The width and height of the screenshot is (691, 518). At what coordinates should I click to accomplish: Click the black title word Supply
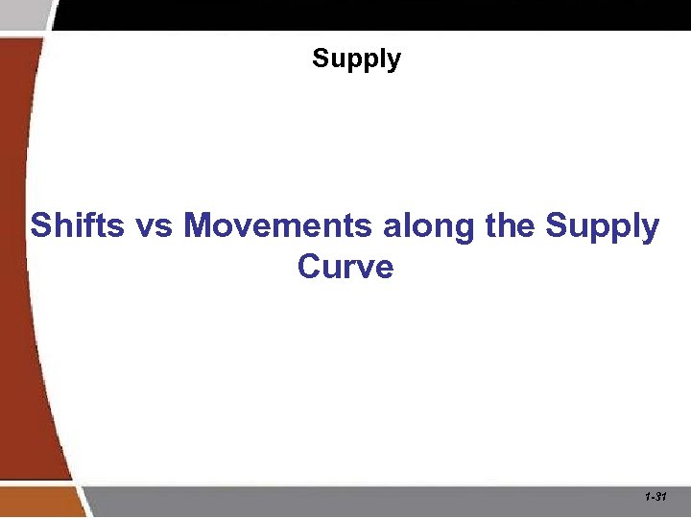356,59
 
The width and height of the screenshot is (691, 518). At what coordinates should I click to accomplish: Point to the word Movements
278,226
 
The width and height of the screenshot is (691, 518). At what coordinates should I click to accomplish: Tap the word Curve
345,266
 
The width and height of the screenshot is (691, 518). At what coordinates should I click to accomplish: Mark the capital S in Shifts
40,226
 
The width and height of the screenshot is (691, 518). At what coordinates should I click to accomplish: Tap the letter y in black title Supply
393,62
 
